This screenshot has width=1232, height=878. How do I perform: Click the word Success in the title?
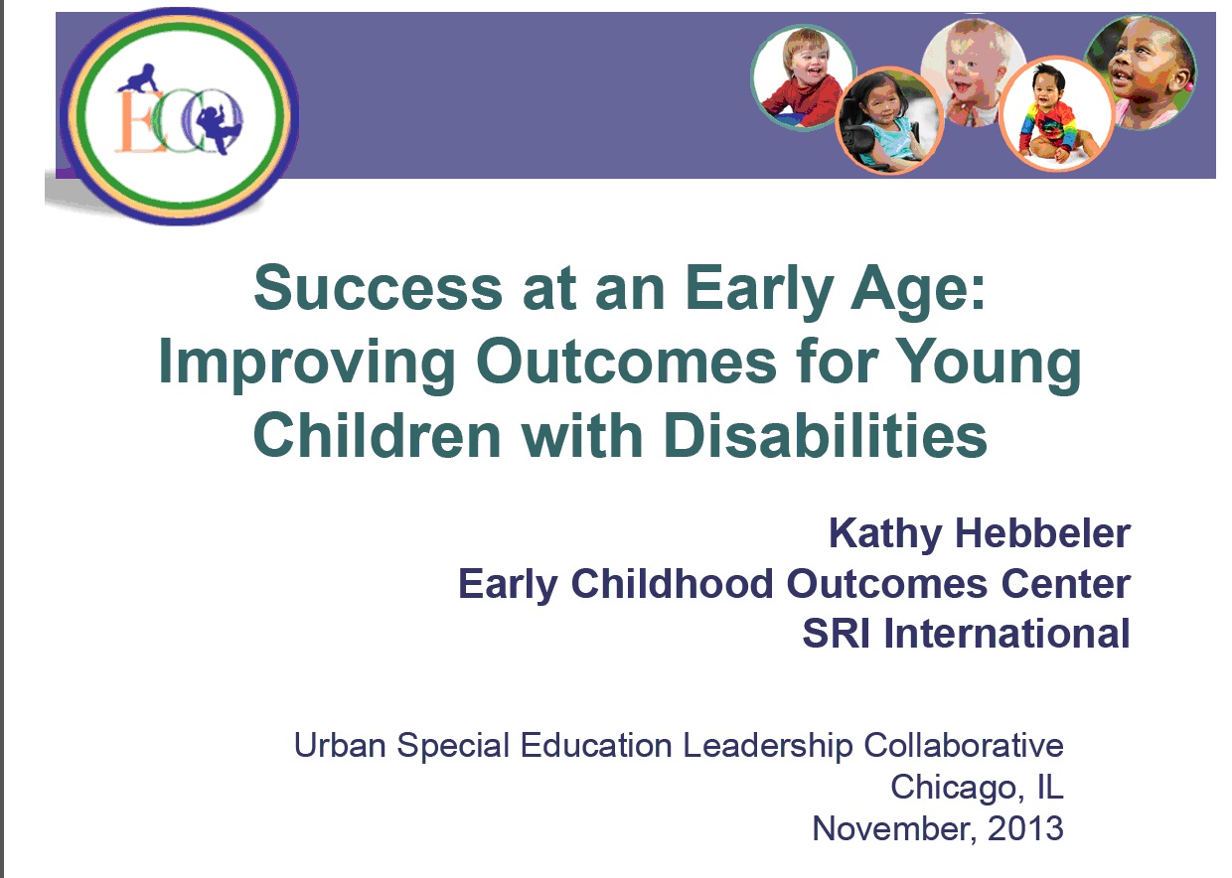[378, 289]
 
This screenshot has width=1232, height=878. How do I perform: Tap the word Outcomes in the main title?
[626, 363]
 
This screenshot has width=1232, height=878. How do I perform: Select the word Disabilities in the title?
[825, 435]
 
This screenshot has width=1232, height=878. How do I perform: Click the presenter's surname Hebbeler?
[1043, 533]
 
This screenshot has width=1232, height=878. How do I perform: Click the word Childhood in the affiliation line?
[672, 583]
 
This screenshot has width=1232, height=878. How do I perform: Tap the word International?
[1007, 634]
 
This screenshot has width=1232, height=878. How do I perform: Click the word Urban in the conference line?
[340, 746]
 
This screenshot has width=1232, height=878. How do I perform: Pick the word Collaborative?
[964, 746]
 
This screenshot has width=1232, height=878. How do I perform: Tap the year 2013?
[1025, 828]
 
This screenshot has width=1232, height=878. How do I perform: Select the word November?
[895, 829]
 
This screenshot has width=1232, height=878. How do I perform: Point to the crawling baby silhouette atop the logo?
[137, 78]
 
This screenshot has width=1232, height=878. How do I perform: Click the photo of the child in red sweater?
[803, 77]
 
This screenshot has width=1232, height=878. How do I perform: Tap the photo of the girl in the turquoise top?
[889, 120]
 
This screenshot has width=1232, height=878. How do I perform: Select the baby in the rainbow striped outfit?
[1056, 113]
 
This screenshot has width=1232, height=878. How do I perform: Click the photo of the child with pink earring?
[1141, 73]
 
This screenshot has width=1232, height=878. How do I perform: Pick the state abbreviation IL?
[1050, 787]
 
